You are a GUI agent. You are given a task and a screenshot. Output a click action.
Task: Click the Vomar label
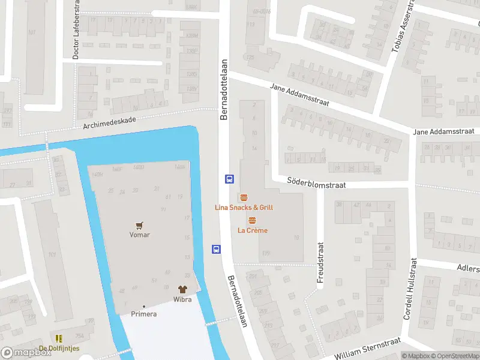point(139,235)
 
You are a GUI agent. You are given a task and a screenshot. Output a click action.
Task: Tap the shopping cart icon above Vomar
point(140,226)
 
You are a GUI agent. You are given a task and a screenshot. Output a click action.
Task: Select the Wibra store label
point(182,299)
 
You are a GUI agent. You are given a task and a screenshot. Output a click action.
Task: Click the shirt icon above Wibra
point(183,289)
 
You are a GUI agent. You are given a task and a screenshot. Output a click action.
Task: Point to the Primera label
point(144,314)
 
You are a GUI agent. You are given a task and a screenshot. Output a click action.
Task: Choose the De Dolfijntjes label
point(59,349)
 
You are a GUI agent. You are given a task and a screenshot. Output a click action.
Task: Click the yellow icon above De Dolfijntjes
point(59,339)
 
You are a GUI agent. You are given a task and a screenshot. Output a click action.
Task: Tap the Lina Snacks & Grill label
point(244,208)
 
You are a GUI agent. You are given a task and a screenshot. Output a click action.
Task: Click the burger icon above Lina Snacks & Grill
point(244,197)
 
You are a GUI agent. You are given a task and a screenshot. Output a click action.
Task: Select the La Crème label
point(253,230)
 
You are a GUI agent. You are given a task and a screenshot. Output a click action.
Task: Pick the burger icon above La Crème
point(251,220)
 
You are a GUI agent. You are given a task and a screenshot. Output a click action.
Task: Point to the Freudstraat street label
point(320,262)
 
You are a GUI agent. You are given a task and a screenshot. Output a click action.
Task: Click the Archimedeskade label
point(110,122)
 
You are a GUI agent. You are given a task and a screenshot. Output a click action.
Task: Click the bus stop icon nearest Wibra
point(215,250)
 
